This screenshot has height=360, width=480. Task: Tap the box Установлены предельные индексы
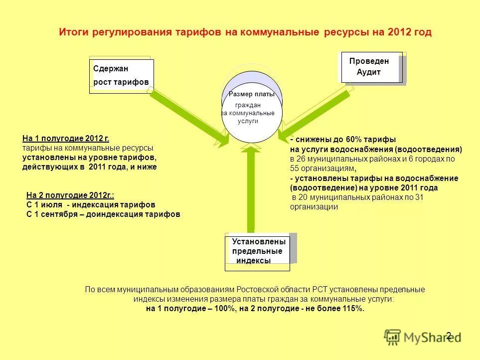257,251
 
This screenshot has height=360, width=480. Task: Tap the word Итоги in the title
73,32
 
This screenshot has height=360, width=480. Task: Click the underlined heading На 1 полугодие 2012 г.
66,139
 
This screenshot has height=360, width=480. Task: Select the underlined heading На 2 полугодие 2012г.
67,196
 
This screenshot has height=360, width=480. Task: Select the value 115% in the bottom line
352,309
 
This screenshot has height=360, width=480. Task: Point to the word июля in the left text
52,205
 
